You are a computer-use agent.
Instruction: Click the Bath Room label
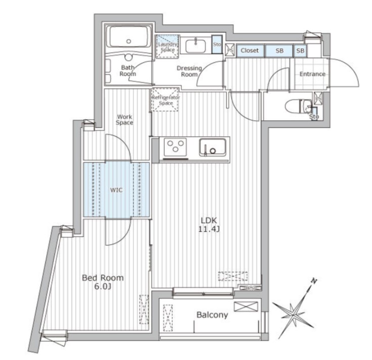(x=127, y=70)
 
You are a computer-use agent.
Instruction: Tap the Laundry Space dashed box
(x=167, y=44)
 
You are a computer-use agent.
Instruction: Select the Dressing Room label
(x=189, y=71)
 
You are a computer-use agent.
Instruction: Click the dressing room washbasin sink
(x=195, y=45)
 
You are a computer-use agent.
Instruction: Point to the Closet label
(x=249, y=50)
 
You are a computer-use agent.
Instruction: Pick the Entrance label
(x=312, y=74)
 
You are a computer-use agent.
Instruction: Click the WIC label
(x=117, y=190)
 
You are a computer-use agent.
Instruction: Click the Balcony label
(x=212, y=315)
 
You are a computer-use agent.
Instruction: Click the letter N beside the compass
(x=313, y=281)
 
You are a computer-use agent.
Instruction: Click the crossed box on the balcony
(x=246, y=306)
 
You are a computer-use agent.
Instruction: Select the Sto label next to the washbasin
(x=217, y=44)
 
